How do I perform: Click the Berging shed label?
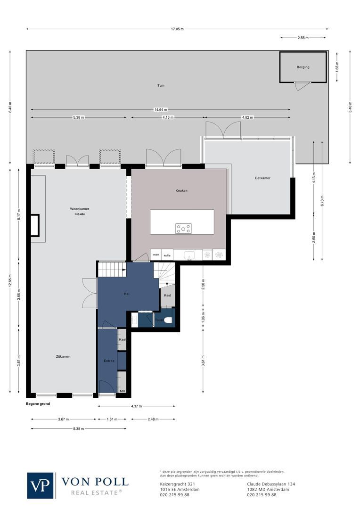point(303,67)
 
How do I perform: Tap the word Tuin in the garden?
point(161,86)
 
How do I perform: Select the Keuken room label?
point(181,190)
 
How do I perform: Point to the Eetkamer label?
point(262,178)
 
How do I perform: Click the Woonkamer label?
point(80,209)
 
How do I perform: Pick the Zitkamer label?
point(63,356)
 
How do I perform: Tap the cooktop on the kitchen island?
point(183,229)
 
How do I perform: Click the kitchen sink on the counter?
point(190,255)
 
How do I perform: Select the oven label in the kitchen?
point(156,255)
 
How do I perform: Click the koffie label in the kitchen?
point(167,255)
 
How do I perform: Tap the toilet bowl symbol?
point(168,320)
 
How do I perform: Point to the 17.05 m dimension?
point(177,29)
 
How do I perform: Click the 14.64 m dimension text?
point(160,109)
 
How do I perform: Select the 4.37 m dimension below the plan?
point(136,406)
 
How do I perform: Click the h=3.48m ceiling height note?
point(80,214)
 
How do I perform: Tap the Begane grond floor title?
point(38,404)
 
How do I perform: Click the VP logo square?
point(41,485)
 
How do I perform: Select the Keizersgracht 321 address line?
point(178,484)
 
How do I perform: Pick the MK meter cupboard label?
point(122,391)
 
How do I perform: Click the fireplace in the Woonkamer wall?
point(35,225)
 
